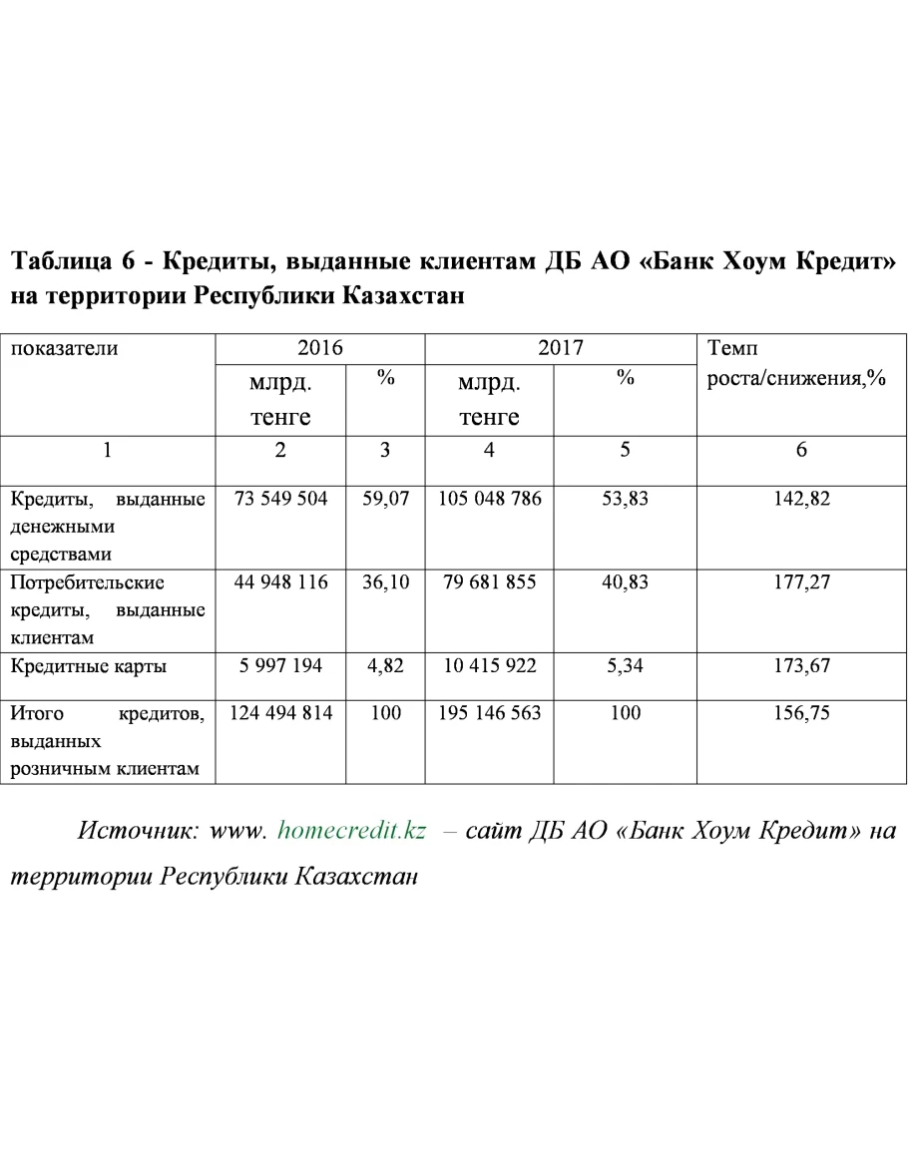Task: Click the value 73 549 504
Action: pyautogui.click(x=280, y=499)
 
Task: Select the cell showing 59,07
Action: pyautogui.click(x=385, y=499)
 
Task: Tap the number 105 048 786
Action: pyautogui.click(x=489, y=499)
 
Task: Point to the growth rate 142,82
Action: pyautogui.click(x=801, y=499)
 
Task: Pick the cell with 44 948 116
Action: pyautogui.click(x=280, y=581)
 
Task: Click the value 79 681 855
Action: pyautogui.click(x=489, y=581)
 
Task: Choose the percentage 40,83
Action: pyautogui.click(x=625, y=581)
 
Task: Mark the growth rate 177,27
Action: pyautogui.click(x=801, y=581)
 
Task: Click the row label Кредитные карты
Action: pyautogui.click(x=88, y=665)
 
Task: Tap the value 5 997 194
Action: pyautogui.click(x=280, y=665)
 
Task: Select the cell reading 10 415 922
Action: pyautogui.click(x=489, y=665)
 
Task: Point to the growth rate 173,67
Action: pyautogui.click(x=801, y=665)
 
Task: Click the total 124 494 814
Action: pyautogui.click(x=280, y=714)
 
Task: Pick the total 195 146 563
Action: pyautogui.click(x=489, y=714)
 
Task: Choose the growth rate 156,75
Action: pyautogui.click(x=801, y=714)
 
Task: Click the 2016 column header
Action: pyautogui.click(x=320, y=349)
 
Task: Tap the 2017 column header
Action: pyautogui.click(x=560, y=349)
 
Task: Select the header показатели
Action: pyautogui.click(x=64, y=349)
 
